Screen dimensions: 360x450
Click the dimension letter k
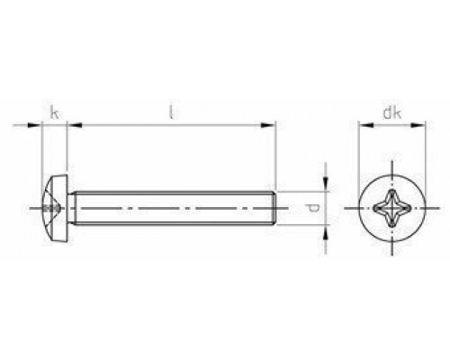point(56,112)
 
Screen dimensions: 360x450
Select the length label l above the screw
point(171,112)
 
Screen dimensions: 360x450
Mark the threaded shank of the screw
point(171,209)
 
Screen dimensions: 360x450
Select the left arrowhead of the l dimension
point(76,126)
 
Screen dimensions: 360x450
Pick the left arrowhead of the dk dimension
point(363,126)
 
